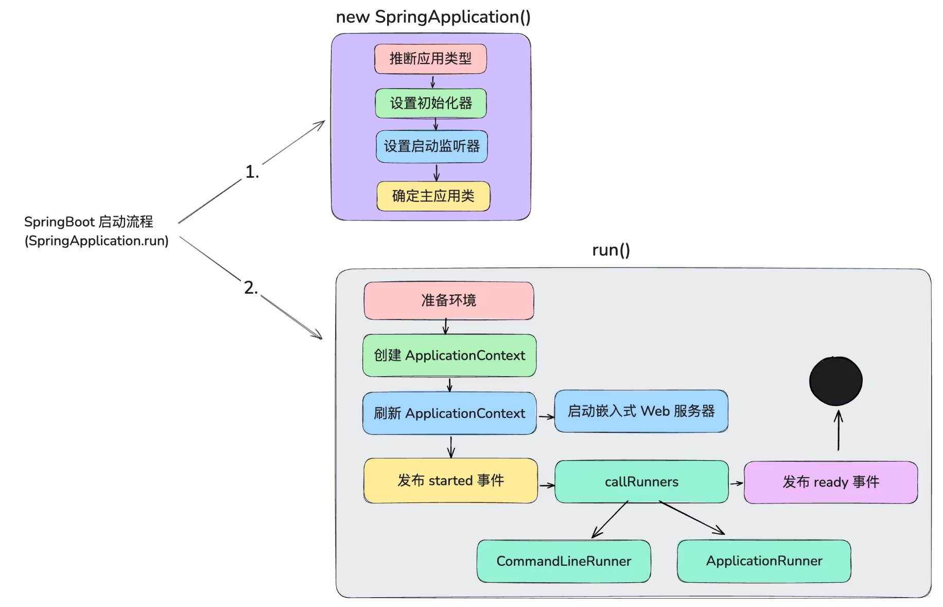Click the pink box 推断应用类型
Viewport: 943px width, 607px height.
pos(430,59)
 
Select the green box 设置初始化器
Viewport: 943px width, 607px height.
pos(431,103)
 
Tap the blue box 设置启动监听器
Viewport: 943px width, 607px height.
pos(431,146)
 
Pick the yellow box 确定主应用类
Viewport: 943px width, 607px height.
pos(433,196)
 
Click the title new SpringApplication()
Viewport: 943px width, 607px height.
pos(433,17)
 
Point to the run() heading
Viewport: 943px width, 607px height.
pos(610,250)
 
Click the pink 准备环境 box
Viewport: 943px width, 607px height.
pos(448,300)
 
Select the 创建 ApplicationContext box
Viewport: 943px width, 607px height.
pos(449,356)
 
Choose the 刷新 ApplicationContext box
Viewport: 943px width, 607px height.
pos(449,413)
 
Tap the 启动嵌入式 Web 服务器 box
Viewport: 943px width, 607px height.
pos(641,411)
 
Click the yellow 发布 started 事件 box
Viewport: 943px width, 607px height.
pos(450,481)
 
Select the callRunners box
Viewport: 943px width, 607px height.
pos(641,482)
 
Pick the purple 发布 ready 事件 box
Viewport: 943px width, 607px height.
pos(830,482)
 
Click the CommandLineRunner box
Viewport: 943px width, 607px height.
pos(564,561)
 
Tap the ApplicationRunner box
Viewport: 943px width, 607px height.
pos(764,561)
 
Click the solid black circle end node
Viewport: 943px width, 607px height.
pos(835,381)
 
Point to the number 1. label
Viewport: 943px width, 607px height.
pos(252,172)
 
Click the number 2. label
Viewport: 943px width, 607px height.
pos(251,288)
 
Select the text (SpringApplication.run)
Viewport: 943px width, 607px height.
pos(97,241)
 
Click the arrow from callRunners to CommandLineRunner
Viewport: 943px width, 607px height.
pos(610,519)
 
